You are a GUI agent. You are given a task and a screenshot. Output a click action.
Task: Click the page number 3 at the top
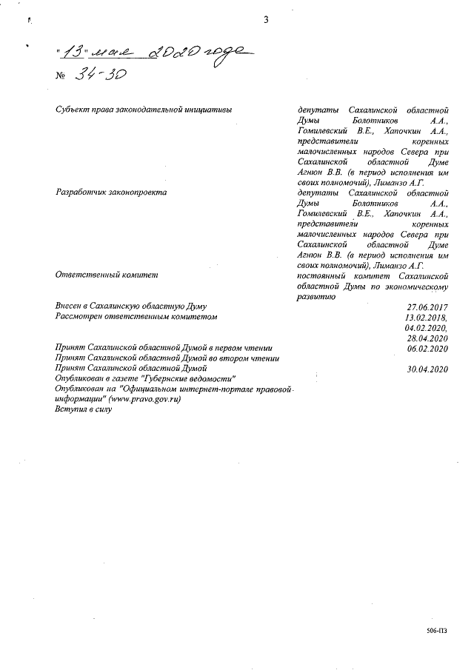coord(265,20)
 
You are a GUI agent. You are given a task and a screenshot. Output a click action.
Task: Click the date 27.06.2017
coord(428,306)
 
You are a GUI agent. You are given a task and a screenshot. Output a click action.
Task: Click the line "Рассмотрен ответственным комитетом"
coord(137,316)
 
